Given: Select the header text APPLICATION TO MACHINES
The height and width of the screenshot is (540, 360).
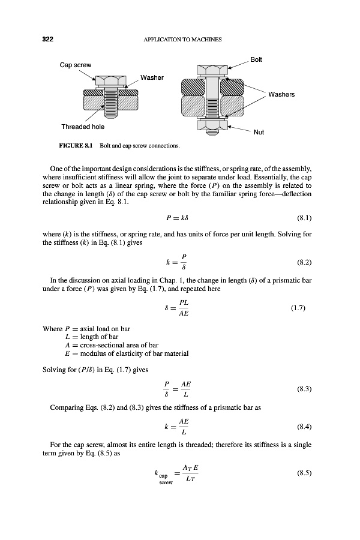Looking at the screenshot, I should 184,40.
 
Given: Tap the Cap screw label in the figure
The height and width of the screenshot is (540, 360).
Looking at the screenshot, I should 75,65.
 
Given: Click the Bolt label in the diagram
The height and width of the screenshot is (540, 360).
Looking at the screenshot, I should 256,59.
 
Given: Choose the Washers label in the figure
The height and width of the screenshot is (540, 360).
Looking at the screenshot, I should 281,94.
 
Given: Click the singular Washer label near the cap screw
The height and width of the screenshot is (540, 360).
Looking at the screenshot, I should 152,77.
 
